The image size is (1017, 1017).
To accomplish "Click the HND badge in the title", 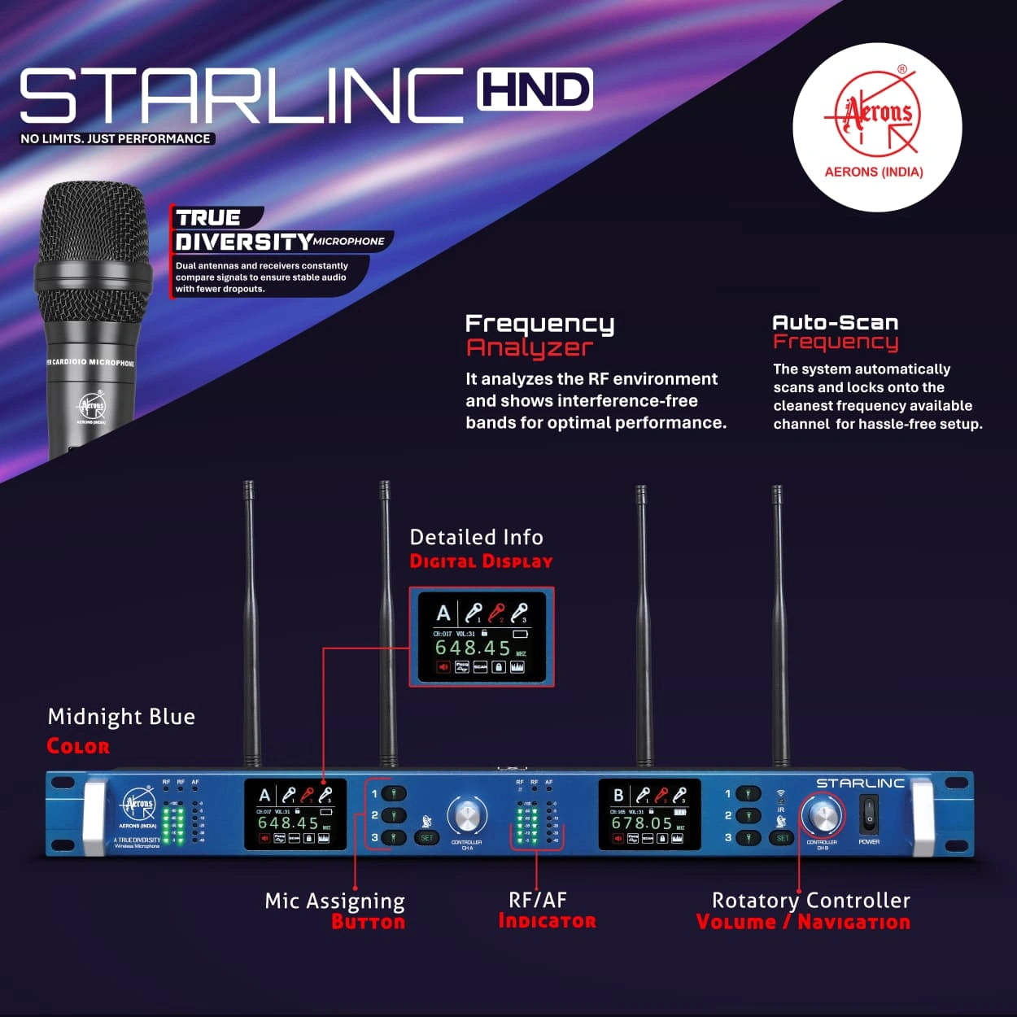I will tap(535, 89).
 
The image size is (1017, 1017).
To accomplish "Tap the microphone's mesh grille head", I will tap(93, 224).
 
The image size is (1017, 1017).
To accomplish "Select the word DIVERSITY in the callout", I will tap(243, 242).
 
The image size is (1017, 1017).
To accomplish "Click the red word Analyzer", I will tap(530, 347).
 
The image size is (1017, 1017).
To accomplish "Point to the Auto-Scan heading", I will tap(835, 322).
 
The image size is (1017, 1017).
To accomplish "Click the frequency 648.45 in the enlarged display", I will tap(473, 648).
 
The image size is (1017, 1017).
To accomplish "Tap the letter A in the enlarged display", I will tap(443, 613).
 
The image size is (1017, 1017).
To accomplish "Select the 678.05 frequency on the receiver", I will tap(642, 823).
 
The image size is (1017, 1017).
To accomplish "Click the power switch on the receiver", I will tap(869, 813).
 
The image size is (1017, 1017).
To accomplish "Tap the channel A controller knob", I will tap(467, 815).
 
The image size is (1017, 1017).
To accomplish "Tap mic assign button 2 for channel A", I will tap(394, 815).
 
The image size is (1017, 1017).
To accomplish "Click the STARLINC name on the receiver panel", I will tap(860, 783).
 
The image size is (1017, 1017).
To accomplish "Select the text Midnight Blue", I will tap(121, 717).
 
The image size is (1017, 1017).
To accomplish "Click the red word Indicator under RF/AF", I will tap(547, 921).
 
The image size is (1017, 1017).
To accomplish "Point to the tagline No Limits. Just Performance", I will tap(116, 139).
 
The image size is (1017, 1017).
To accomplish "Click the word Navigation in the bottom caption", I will tap(853, 922).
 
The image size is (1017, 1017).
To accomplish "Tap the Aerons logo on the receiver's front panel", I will tap(138, 805).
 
